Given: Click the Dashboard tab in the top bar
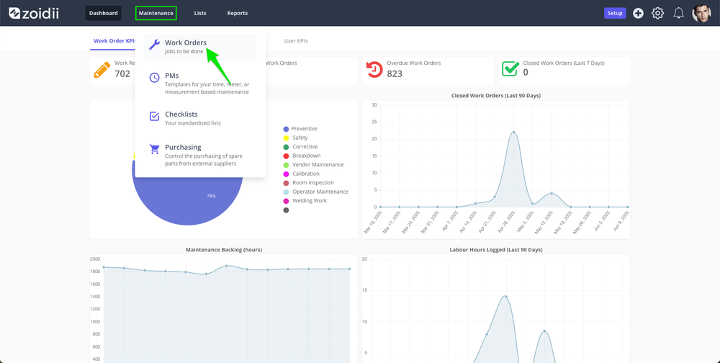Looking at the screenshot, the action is [103, 14].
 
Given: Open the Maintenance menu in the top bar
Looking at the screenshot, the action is [156, 14].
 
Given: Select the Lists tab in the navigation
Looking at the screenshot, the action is [200, 14].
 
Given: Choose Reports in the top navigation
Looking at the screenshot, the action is [238, 14].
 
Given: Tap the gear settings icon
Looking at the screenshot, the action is [658, 14].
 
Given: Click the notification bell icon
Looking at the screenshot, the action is [679, 14].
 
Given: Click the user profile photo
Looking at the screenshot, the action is [701, 14].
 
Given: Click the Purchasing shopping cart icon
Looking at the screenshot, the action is [155, 149].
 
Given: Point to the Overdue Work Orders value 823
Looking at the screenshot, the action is [395, 73].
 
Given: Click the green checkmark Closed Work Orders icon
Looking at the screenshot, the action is [510, 69].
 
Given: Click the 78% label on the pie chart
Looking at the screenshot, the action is [211, 196].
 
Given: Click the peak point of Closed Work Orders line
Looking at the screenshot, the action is [513, 133].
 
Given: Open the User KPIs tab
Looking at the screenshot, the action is [296, 41].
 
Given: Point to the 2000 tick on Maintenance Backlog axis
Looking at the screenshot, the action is [95, 259].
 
